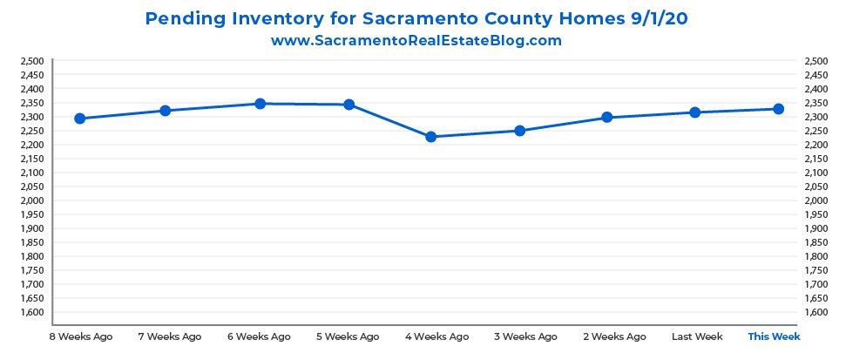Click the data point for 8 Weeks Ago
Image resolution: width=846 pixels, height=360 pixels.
click(x=79, y=119)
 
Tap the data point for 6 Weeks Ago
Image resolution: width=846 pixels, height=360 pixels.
click(x=260, y=104)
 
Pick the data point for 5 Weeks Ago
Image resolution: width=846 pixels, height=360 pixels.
click(x=349, y=105)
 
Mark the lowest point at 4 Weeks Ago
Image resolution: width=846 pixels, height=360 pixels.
click(x=430, y=137)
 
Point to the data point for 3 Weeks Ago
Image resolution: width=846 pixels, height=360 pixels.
click(x=520, y=131)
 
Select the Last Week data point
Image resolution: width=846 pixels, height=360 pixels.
click(x=695, y=112)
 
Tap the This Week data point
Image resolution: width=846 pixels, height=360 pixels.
click(x=779, y=109)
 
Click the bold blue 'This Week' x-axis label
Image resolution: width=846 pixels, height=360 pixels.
click(x=774, y=336)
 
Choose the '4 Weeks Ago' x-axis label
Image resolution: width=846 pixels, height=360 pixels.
click(x=437, y=336)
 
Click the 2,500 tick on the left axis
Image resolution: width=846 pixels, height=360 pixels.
click(x=31, y=61)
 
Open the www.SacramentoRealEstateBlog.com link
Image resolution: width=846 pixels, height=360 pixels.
click(x=416, y=40)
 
